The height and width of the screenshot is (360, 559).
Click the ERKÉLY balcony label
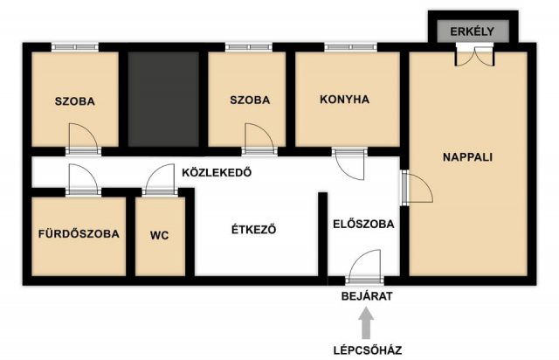tap(472, 31)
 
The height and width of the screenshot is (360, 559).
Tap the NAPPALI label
tap(467, 158)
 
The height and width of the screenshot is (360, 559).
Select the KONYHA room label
tap(345, 100)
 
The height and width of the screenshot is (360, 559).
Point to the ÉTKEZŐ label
tap(253, 231)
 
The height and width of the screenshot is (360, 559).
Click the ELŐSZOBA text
tap(363, 224)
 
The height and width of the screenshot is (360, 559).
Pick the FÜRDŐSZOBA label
tap(79, 234)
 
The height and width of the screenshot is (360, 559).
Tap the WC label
tap(160, 234)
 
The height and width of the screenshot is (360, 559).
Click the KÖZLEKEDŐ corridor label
tap(216, 172)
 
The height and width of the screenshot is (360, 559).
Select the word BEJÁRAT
tap(367, 296)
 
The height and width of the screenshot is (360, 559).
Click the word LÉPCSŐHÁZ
tap(367, 350)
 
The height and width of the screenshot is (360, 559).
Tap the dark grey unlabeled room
tap(163, 99)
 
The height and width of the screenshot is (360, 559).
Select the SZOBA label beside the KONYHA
tap(250, 100)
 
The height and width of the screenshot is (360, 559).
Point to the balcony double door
tap(474, 54)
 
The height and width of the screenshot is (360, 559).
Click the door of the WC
tap(161, 181)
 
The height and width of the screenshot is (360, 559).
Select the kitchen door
tap(349, 163)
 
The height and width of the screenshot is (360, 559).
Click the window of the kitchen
tap(349, 47)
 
